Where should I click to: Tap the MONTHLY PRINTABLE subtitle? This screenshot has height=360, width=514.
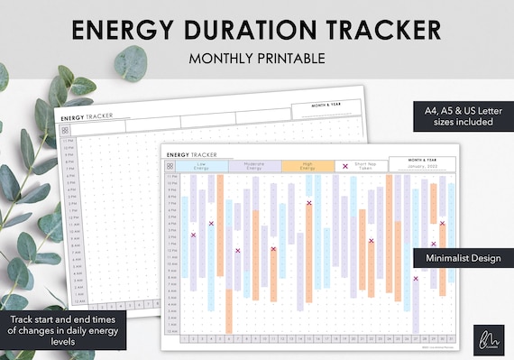pyautogui.click(x=256, y=59)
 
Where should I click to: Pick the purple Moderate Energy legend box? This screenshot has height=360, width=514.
pyautogui.click(x=246, y=166)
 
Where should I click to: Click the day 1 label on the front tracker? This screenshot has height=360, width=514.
pyautogui.click(x=185, y=338)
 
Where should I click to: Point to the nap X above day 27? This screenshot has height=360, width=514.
pyautogui.click(x=416, y=279)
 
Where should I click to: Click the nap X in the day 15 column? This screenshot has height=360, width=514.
pyautogui.click(x=309, y=203)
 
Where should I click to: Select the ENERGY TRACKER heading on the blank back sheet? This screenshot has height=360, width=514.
pyautogui.click(x=86, y=116)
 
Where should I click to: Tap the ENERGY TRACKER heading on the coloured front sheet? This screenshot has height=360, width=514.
pyautogui.click(x=192, y=154)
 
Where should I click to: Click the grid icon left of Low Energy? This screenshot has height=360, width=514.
pyautogui.click(x=170, y=166)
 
